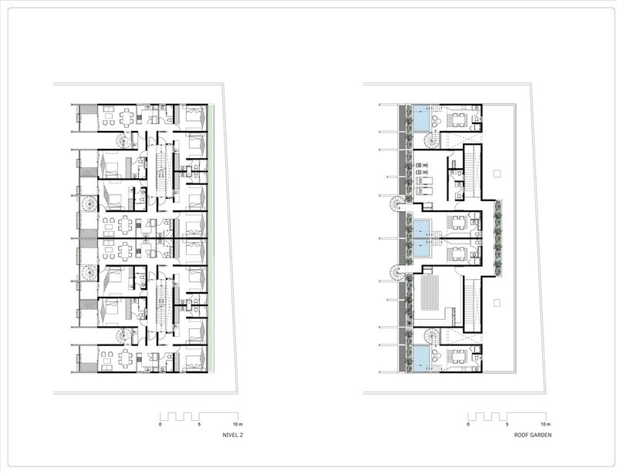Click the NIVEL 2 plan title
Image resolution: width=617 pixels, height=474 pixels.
(233, 435)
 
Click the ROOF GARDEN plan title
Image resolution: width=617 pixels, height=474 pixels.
(533, 435)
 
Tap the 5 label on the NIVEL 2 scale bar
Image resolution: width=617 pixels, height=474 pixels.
(199, 425)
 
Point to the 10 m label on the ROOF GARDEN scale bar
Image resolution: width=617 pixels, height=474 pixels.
(545, 425)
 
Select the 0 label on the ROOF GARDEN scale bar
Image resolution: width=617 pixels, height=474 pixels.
(468, 425)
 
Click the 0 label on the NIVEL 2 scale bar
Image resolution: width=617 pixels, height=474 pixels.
(160, 425)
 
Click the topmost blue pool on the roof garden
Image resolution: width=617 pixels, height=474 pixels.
(421, 118)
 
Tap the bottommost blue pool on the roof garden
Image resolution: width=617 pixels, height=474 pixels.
(421, 358)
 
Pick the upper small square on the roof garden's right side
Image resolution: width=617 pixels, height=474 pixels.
(497, 173)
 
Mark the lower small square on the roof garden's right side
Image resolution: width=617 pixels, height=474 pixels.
(497, 303)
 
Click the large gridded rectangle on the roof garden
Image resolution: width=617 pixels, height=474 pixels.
(430, 293)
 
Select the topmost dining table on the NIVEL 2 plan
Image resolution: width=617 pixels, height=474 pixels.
(126, 117)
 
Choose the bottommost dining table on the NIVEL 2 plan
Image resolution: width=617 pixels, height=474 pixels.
(126, 358)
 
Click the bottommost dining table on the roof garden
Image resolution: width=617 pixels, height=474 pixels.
(459, 357)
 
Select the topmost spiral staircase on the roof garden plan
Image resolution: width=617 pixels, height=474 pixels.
(432, 140)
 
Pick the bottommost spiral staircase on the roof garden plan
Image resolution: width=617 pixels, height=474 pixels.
(432, 336)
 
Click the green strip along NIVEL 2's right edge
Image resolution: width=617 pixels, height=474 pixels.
(211, 238)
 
